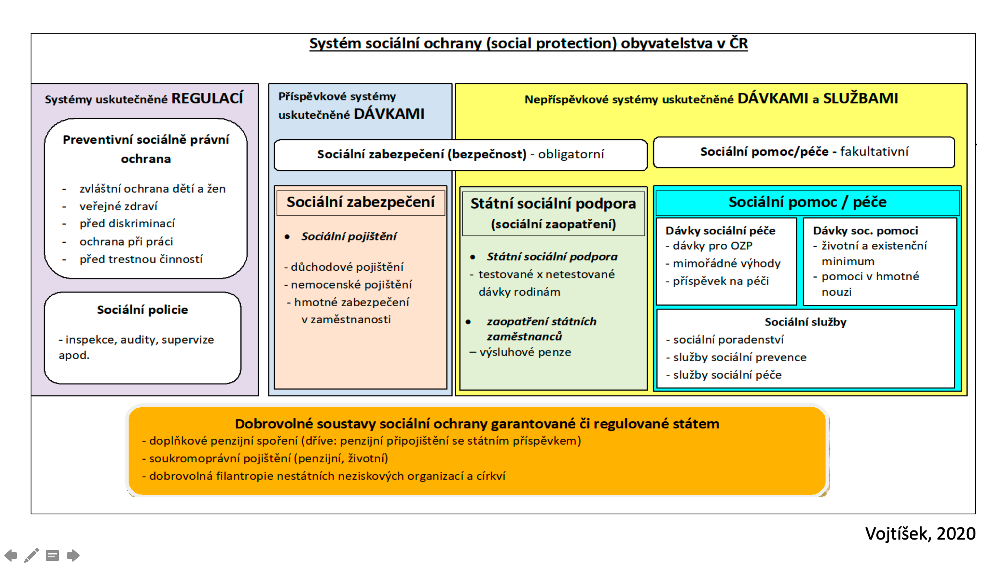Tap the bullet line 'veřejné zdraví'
point(118,206)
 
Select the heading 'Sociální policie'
point(142,309)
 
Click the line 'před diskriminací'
point(127,224)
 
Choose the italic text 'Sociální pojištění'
point(349,236)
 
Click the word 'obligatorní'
point(571,154)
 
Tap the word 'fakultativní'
point(874,151)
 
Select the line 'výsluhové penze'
point(525,352)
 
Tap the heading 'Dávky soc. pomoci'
point(865,231)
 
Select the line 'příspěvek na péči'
point(720,281)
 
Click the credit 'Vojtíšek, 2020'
point(920,534)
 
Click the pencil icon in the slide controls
point(31,555)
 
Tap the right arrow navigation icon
point(73,555)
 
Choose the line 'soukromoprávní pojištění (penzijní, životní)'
point(268,458)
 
